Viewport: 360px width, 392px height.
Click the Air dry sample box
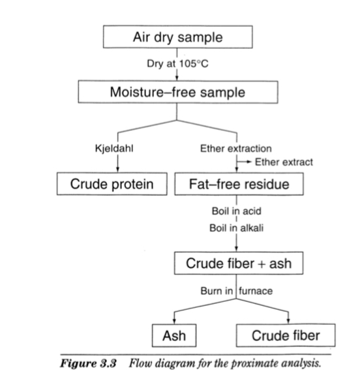pos(178,37)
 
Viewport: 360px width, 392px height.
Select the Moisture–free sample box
pos(177,92)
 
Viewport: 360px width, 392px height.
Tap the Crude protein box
pos(112,184)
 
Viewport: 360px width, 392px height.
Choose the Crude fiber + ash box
pos(238,264)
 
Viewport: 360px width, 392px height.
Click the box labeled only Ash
pos(173,335)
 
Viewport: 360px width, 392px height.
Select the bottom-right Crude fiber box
pos(286,335)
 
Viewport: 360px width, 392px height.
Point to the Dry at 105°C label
pos(178,63)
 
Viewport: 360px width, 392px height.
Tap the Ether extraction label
pos(235,149)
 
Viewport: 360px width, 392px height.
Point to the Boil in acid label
pos(236,212)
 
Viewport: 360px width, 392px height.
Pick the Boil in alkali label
pos(236,228)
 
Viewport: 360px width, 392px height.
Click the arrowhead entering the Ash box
pos(175,321)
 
